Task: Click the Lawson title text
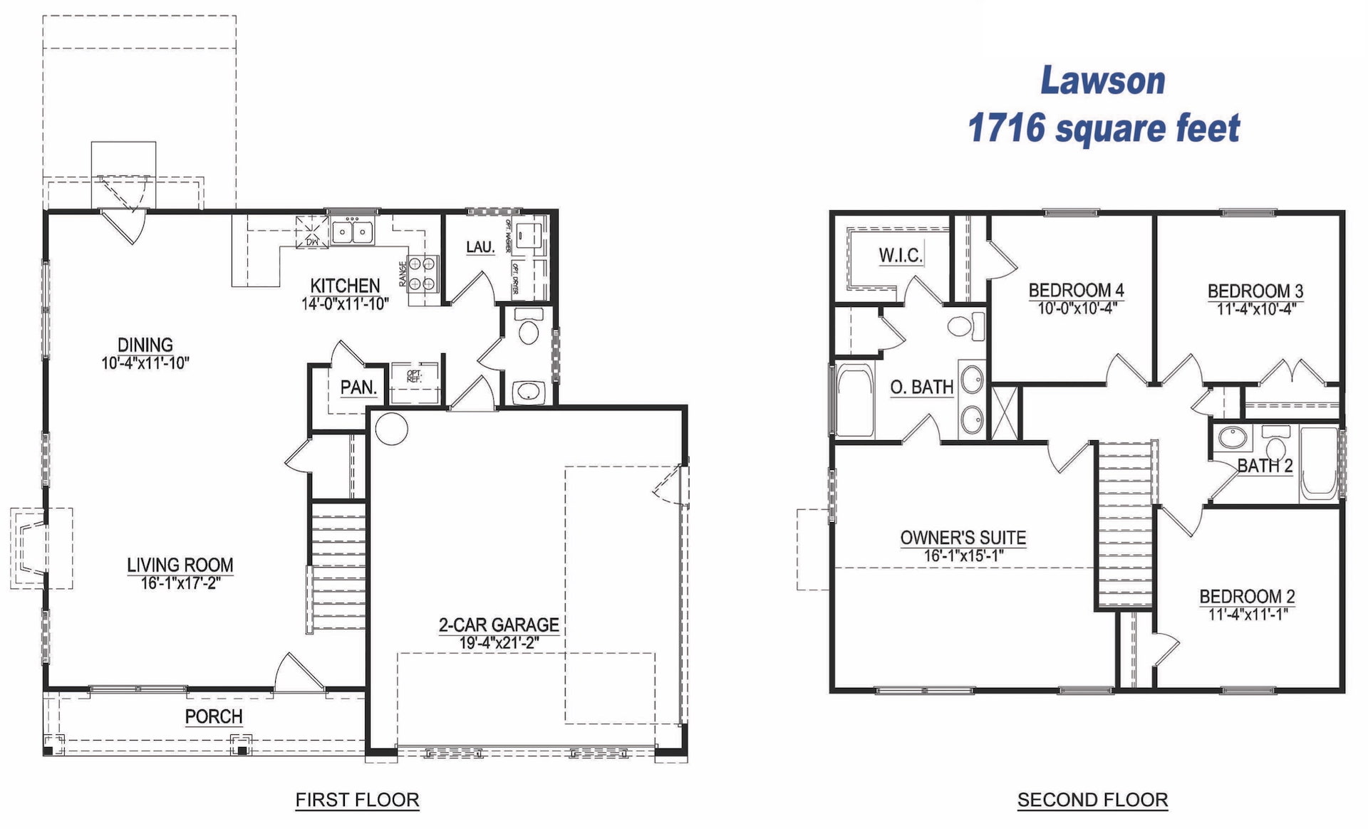click(x=1102, y=81)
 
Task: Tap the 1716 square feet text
click(x=1103, y=129)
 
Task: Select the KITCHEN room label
click(x=345, y=286)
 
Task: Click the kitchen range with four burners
click(x=422, y=274)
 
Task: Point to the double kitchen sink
click(x=353, y=232)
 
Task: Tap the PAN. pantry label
click(x=358, y=388)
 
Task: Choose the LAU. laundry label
click(x=480, y=247)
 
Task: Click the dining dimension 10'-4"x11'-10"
click(x=145, y=363)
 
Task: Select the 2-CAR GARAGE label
click(x=499, y=625)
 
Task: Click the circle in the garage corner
click(x=391, y=429)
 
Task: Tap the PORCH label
click(x=214, y=716)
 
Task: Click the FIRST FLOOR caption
click(x=357, y=800)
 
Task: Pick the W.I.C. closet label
click(x=901, y=255)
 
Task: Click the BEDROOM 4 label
click(x=1076, y=291)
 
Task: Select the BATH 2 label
click(x=1265, y=466)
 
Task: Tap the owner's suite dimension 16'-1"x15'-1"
click(x=963, y=556)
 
